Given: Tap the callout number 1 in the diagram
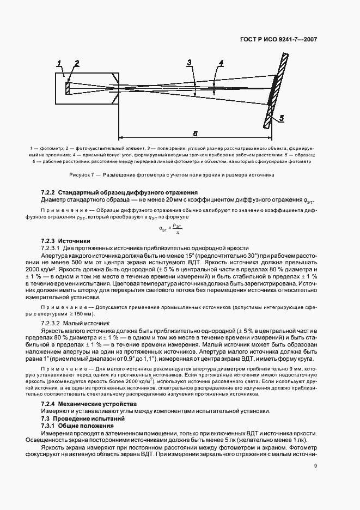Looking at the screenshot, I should [59, 64].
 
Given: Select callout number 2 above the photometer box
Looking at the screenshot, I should [77, 63].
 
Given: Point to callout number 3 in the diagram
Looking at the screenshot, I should [189, 63].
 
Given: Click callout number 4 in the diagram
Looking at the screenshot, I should [221, 63].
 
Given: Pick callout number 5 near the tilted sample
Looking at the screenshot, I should [281, 118].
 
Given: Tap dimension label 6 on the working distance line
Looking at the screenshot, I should [195, 133].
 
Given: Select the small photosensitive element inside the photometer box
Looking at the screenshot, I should [68, 88].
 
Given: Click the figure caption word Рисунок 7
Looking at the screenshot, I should [82, 175].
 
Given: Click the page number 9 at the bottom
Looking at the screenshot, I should [316, 465].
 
